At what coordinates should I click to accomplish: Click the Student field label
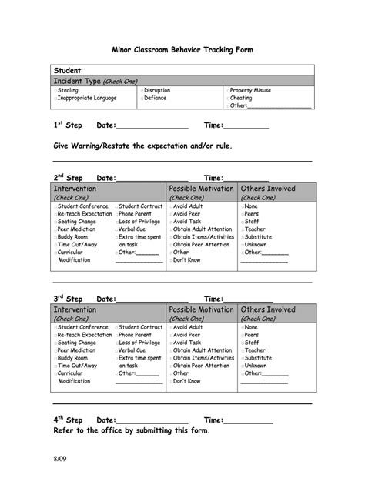[69, 70]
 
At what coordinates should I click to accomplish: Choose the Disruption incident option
[142, 90]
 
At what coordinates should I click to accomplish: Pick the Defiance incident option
[142, 98]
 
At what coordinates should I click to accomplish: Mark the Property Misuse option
[229, 90]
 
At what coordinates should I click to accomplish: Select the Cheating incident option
[229, 98]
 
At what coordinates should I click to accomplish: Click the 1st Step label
[68, 125]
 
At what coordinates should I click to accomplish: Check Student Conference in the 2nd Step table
[56, 206]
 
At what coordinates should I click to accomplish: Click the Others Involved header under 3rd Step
[267, 309]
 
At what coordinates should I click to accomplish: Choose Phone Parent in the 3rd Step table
[118, 335]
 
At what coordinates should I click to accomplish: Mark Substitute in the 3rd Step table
[241, 358]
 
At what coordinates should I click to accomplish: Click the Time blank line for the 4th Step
[249, 421]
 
